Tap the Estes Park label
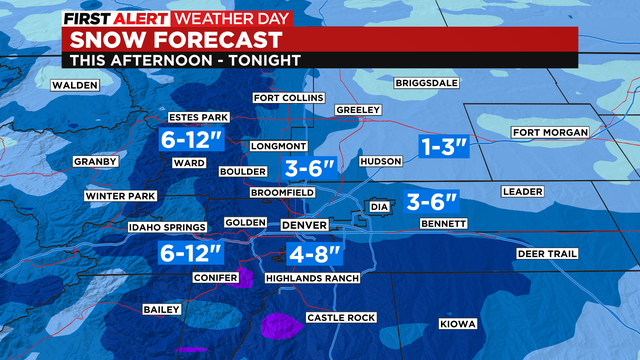pos(200,117)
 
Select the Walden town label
pos(75,85)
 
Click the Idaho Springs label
pos(166,228)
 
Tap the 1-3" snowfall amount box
pos(444,147)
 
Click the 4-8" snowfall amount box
pos(314,252)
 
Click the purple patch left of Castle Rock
pos(282,325)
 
